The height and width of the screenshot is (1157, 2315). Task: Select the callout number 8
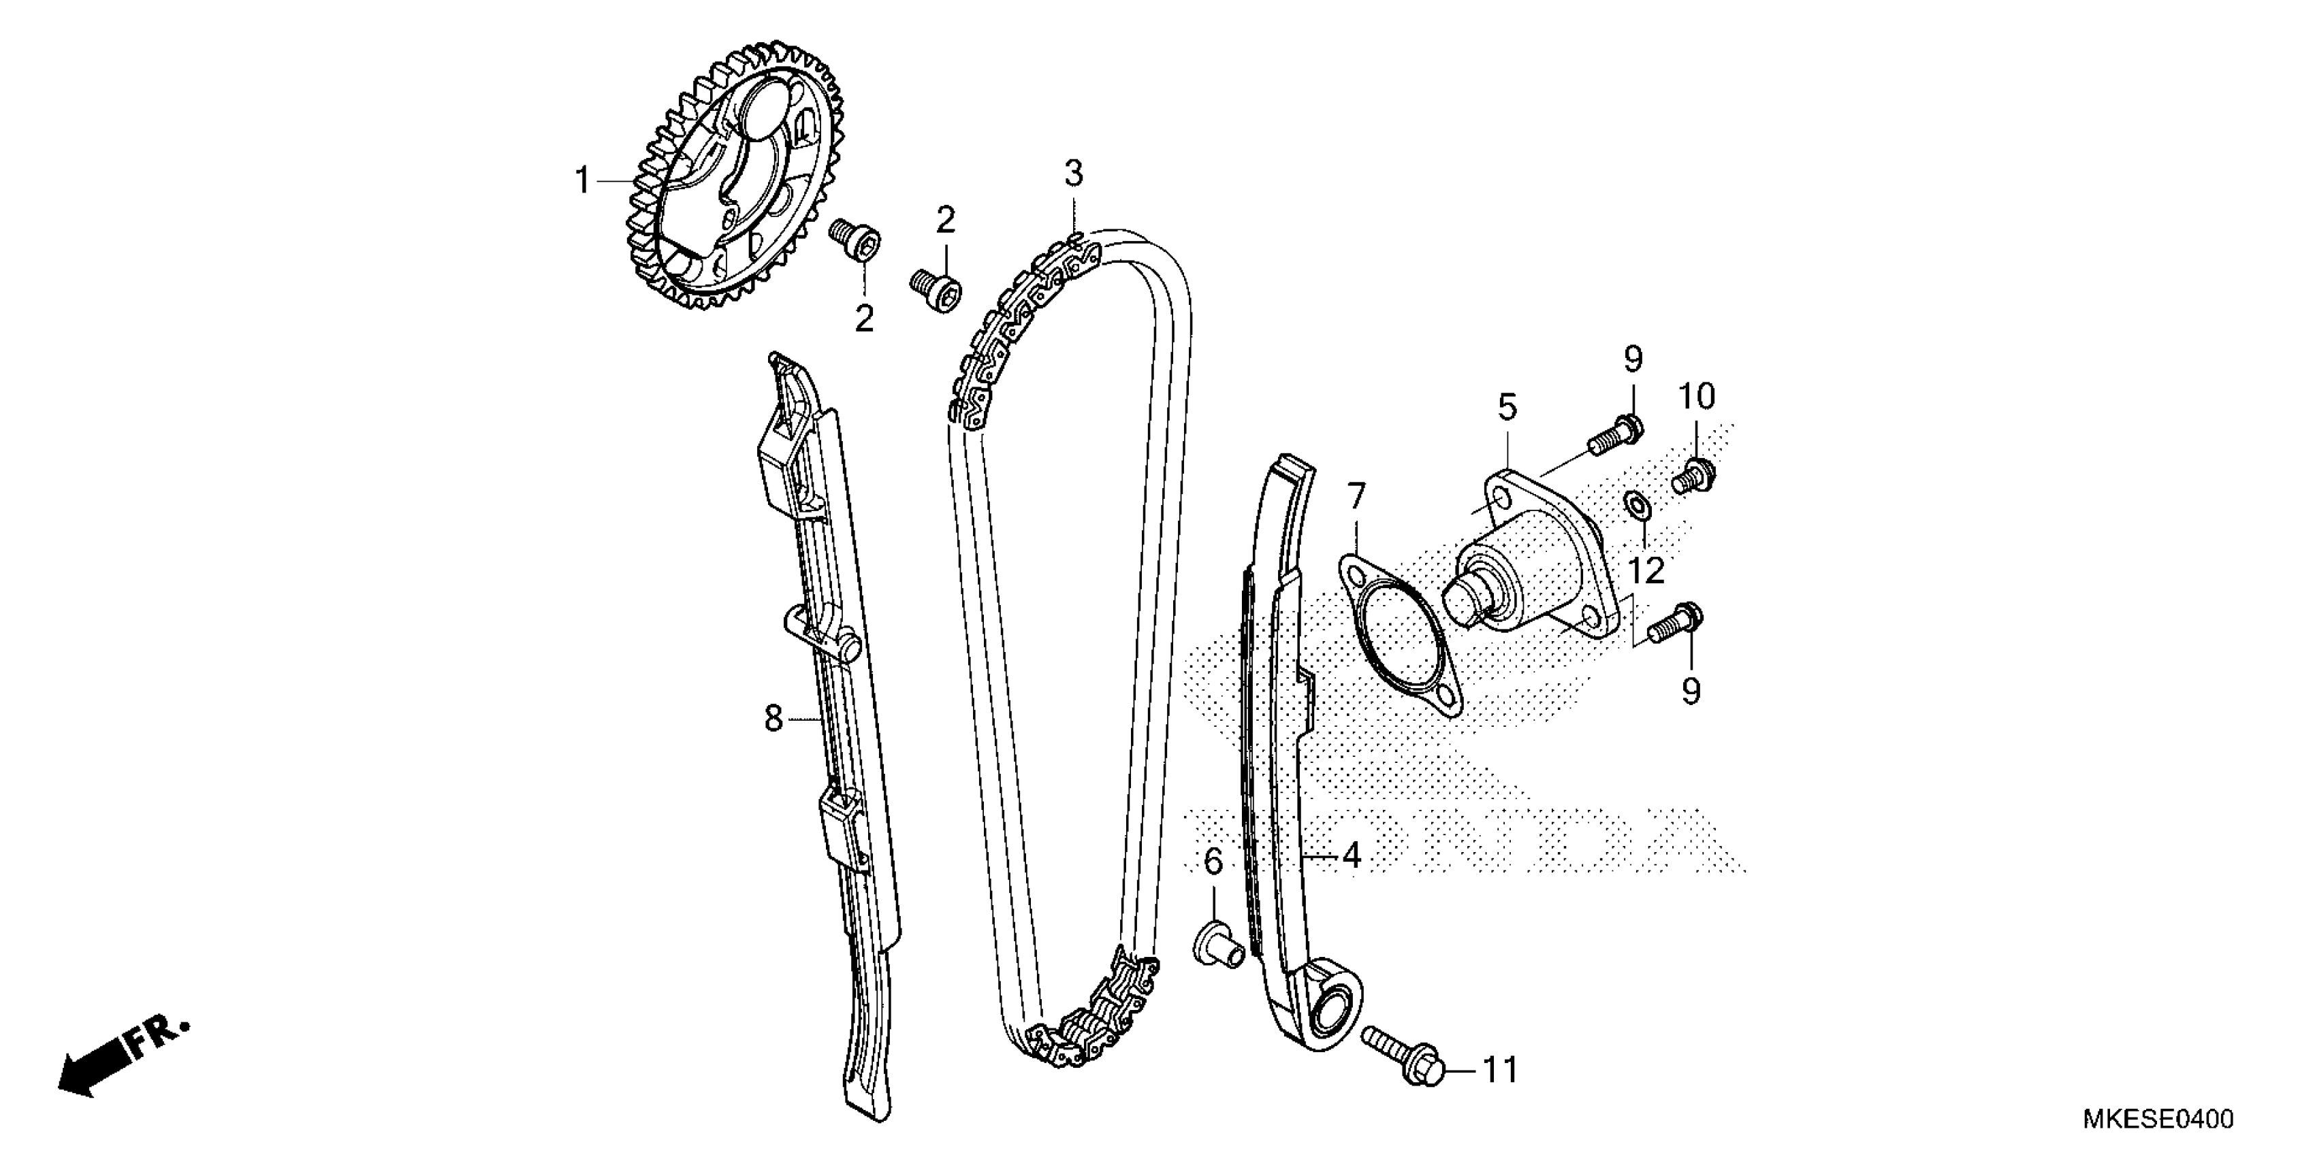click(773, 719)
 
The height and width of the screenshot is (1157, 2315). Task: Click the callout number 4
click(1351, 856)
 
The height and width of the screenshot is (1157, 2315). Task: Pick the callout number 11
click(1499, 1071)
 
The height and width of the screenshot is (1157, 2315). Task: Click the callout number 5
click(1507, 407)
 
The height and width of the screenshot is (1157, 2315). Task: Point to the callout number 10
click(1697, 395)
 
